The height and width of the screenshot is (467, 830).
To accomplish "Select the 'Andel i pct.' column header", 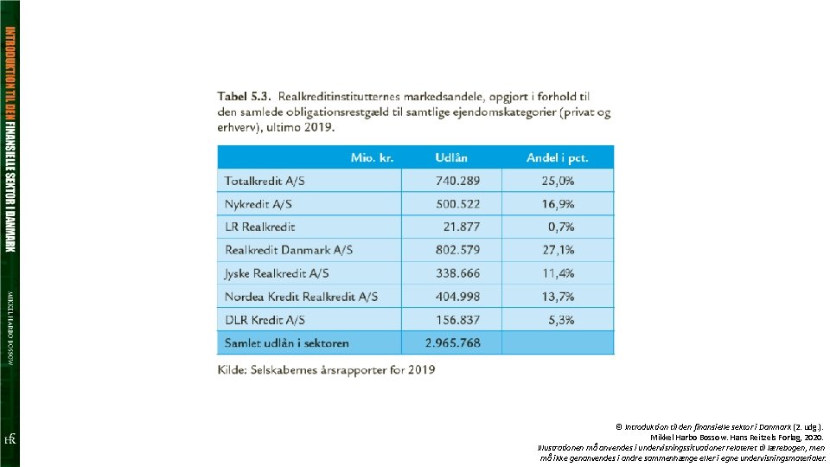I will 557,157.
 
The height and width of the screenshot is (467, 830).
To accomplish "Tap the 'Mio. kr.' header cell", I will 372,157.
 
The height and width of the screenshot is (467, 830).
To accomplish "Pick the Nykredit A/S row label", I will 259,204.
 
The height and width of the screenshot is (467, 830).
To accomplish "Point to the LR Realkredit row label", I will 260,227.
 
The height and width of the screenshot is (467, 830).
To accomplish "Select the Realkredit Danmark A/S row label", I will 289,250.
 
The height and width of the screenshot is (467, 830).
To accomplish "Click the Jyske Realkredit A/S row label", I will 278,273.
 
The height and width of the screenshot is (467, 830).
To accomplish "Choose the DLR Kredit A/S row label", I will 265,320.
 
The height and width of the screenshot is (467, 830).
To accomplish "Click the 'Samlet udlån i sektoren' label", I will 287,342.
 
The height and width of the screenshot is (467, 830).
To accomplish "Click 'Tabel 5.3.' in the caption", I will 245,95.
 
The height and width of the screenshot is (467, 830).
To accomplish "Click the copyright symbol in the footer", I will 618,426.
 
